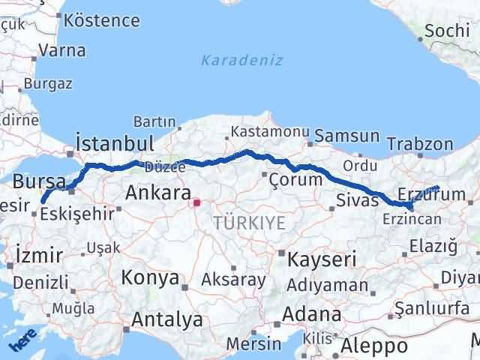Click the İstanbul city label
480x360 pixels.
click(115, 142)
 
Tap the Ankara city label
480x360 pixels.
click(157, 193)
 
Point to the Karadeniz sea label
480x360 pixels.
click(241, 60)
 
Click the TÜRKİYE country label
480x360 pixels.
click(249, 222)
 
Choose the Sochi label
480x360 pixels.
click(448, 31)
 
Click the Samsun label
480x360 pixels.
click(347, 136)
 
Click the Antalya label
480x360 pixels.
click(166, 319)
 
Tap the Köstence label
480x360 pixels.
click(102, 19)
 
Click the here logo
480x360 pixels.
click(22, 341)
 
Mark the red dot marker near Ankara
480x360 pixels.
click(196, 202)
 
